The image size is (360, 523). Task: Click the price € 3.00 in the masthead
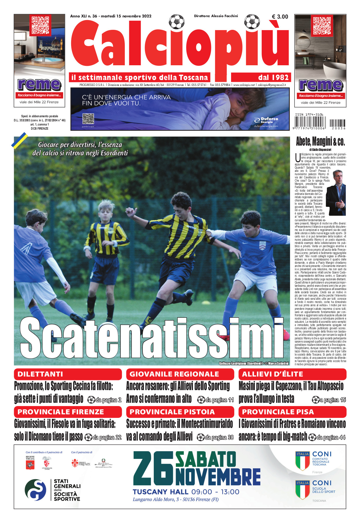tap(280, 17)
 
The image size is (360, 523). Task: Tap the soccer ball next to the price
tap(253, 21)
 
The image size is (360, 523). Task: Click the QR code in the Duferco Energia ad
tap(88, 119)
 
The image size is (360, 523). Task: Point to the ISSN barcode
tap(320, 123)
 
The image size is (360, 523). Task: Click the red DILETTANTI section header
tap(68, 374)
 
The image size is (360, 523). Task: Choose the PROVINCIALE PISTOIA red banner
tap(180, 412)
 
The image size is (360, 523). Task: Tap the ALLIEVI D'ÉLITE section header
tap(292, 374)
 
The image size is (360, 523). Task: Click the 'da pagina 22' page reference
tap(103, 437)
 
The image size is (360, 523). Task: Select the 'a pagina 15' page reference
tap(329, 400)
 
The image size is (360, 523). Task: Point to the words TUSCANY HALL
tap(161, 492)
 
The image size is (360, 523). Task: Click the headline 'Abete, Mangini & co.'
tap(320, 142)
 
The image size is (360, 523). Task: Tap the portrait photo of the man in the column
tap(336, 192)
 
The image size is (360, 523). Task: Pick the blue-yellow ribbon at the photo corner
tap(19, 141)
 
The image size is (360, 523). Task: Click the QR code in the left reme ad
tap(40, 25)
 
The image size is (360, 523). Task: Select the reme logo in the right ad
tap(320, 85)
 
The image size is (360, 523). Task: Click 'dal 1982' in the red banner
tap(273, 78)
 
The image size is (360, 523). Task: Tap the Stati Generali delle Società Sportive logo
tap(53, 490)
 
